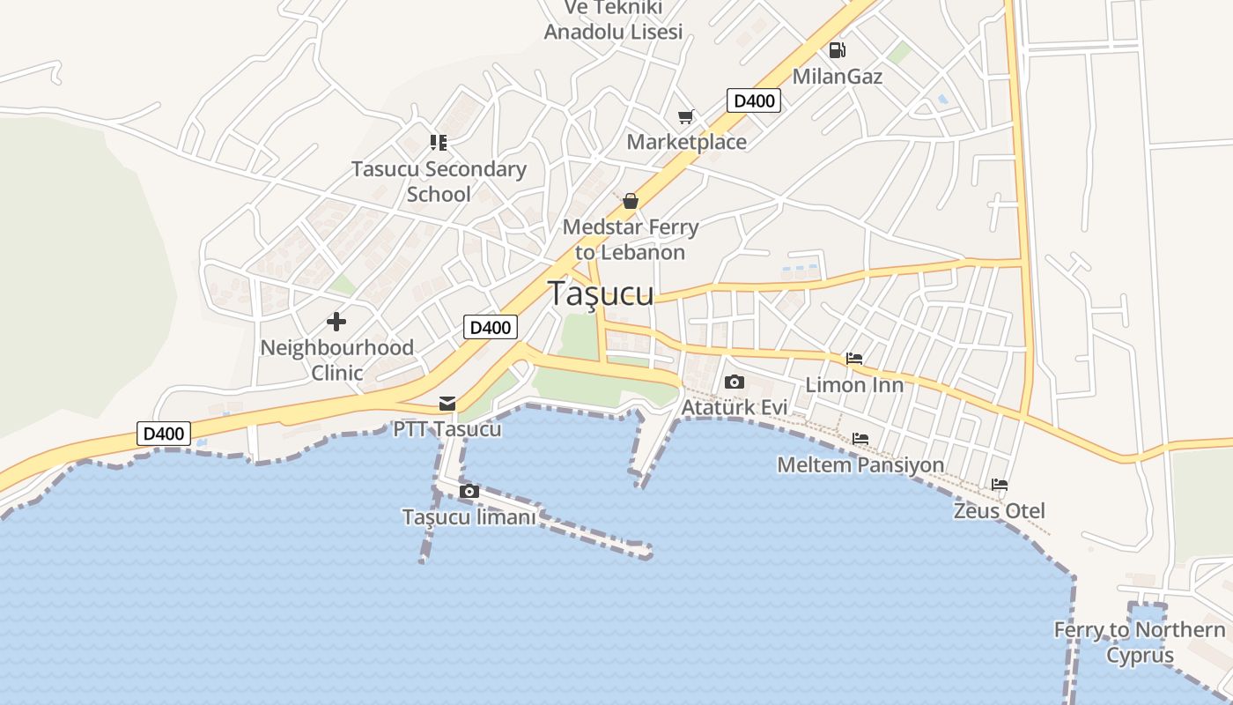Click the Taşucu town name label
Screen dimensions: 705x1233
[602, 293]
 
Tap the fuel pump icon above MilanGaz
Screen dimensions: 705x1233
[837, 50]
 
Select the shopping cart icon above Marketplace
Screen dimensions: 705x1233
[686, 116]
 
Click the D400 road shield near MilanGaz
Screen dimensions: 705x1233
[754, 100]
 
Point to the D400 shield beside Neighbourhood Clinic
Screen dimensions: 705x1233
[491, 328]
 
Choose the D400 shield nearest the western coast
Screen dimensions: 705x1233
[164, 434]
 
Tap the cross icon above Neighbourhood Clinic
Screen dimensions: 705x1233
[336, 322]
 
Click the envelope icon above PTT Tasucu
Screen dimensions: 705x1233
[447, 404]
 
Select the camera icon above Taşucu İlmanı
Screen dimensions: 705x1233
[469, 492]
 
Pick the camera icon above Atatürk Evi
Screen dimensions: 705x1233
[734, 382]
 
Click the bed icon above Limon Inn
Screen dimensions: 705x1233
[854, 359]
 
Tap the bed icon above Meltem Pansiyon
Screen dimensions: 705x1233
[860, 439]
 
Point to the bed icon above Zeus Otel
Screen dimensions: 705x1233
[1000, 485]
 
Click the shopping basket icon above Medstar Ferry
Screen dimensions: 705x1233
[630, 202]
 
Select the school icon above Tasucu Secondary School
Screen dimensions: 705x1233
[439, 142]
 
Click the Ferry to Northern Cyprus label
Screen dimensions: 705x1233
[1140, 642]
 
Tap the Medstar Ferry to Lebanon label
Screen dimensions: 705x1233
[631, 240]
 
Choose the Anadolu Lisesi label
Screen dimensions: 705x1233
[613, 32]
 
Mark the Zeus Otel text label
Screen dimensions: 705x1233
[1000, 511]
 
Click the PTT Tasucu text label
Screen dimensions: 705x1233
[447, 429]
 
